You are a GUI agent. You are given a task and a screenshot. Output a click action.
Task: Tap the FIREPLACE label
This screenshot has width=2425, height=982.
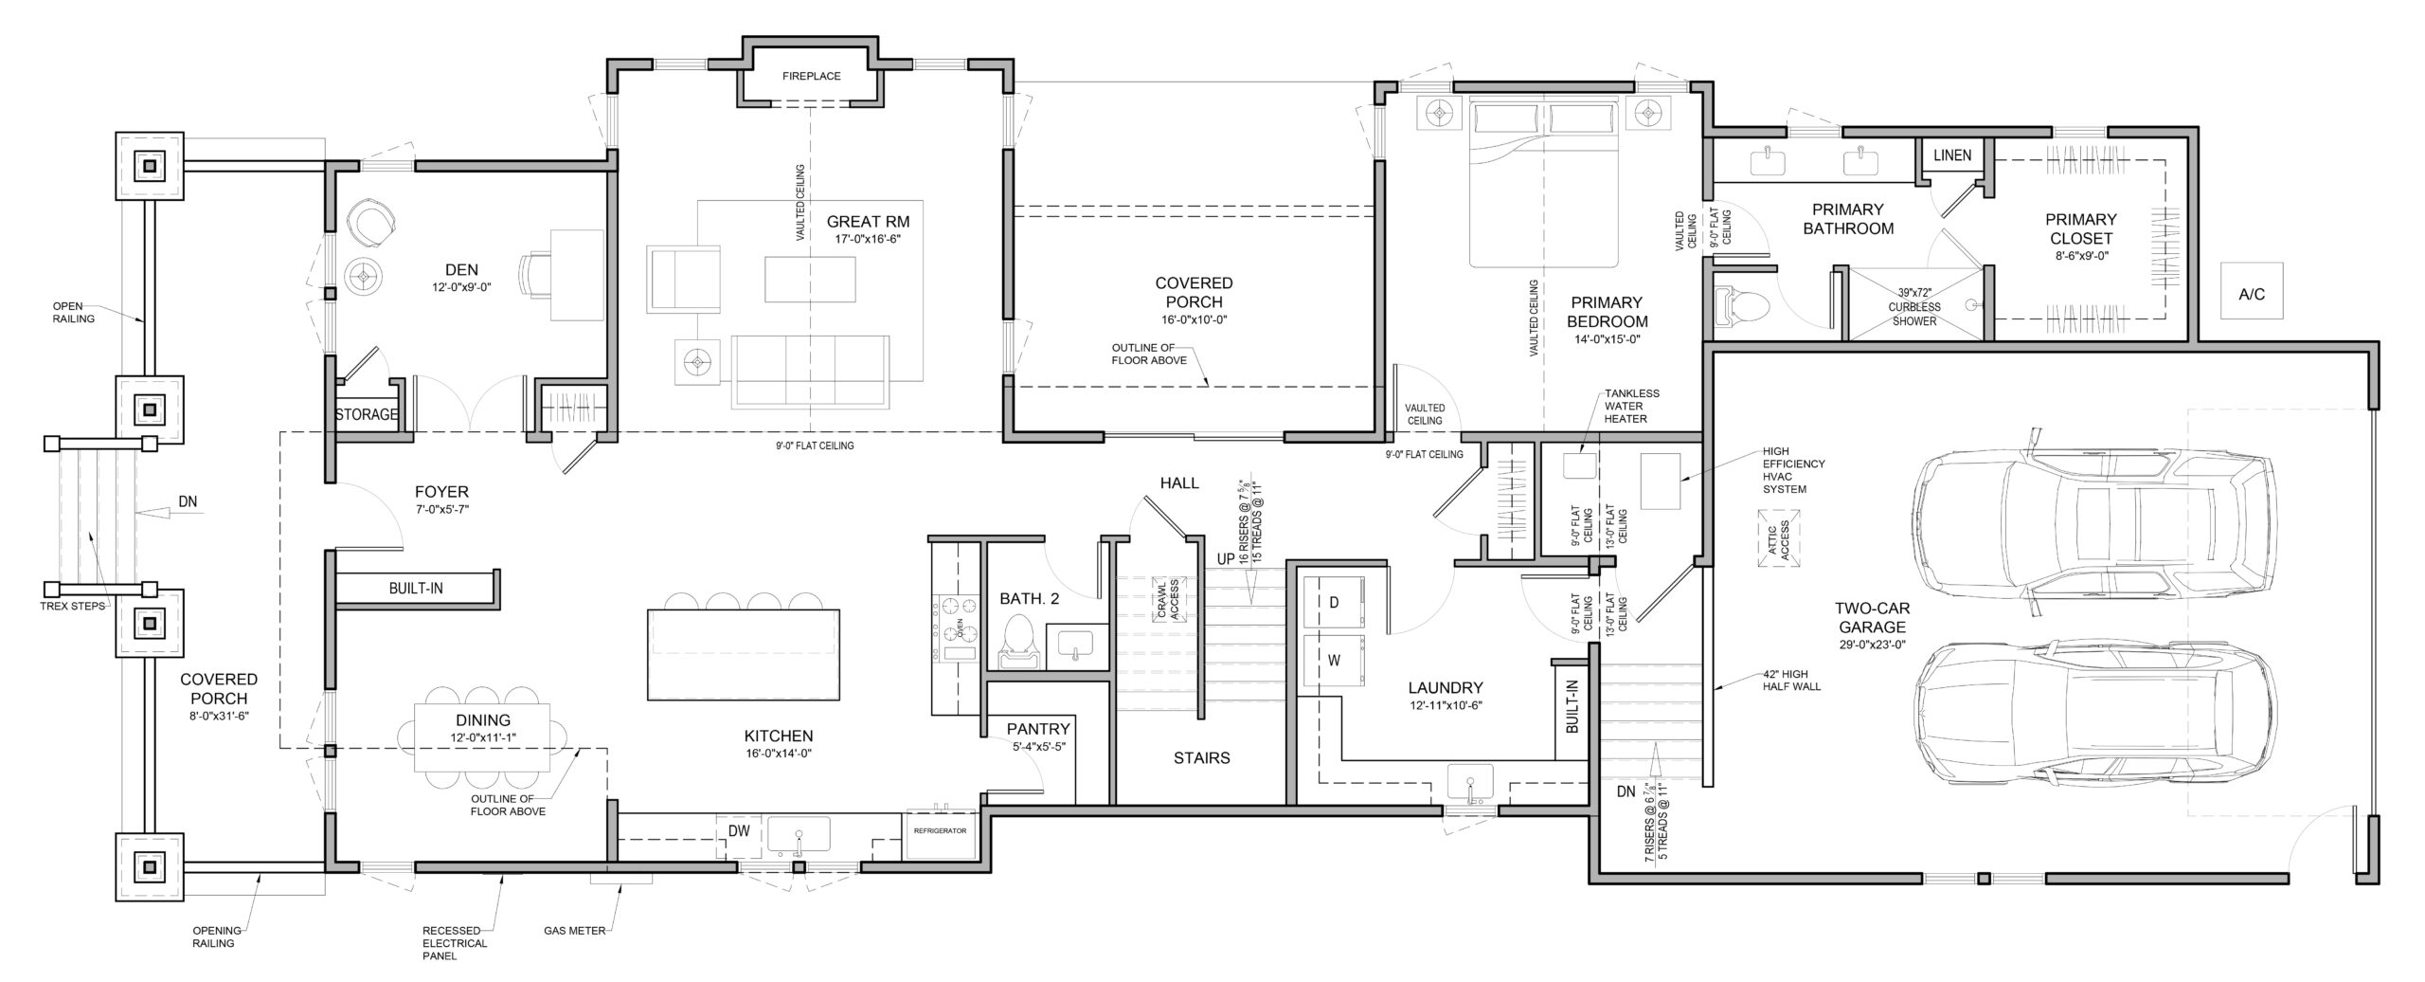click(x=812, y=76)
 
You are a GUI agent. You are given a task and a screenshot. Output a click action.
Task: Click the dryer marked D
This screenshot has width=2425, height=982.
click(x=1333, y=603)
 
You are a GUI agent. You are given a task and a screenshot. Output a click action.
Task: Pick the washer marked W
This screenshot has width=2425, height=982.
click(x=1333, y=662)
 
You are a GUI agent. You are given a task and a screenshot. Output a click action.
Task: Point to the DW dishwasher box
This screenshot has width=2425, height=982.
click(x=739, y=831)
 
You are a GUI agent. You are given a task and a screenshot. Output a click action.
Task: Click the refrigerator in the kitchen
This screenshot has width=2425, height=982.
click(x=940, y=832)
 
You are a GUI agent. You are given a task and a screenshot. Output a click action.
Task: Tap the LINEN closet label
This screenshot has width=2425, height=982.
click(x=1951, y=155)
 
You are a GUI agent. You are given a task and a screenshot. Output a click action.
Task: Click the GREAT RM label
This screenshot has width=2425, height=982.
click(x=868, y=222)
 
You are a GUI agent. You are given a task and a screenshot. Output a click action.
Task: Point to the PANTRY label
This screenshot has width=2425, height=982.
click(x=1038, y=729)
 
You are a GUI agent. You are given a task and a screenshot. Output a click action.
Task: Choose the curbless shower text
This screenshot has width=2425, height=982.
click(x=1914, y=306)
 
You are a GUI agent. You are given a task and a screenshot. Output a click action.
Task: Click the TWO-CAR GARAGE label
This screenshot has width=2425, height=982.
click(x=1870, y=618)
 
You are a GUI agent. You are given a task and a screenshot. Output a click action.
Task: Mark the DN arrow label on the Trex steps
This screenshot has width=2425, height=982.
click(x=188, y=501)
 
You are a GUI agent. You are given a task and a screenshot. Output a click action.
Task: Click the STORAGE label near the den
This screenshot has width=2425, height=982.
click(x=367, y=414)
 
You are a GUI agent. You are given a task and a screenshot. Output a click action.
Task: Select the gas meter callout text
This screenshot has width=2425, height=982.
click(x=574, y=931)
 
